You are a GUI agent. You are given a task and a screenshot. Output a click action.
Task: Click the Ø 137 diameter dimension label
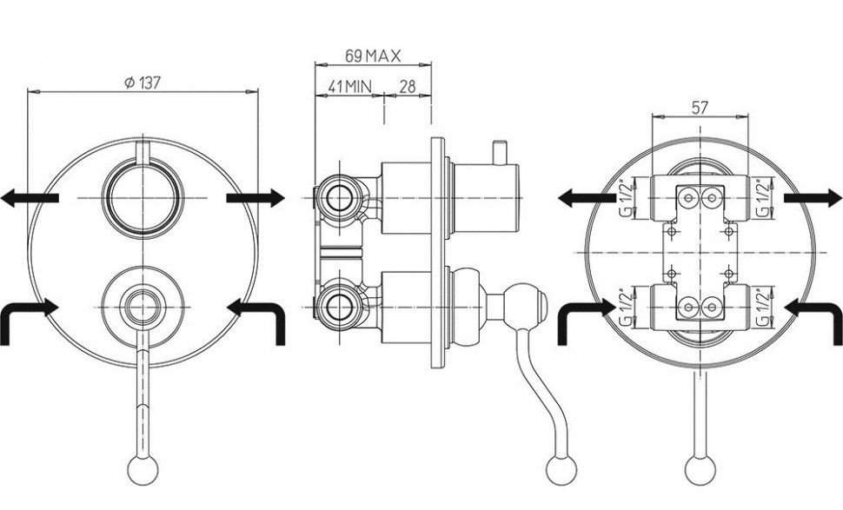[144, 82]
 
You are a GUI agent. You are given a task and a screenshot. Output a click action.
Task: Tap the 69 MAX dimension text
[371, 56]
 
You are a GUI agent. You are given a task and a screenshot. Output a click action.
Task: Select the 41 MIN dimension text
[349, 86]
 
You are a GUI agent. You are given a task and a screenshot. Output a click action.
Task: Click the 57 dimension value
[699, 108]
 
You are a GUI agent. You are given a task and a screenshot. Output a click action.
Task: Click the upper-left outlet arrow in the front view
[30, 199]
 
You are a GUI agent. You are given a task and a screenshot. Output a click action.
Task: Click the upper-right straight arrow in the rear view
[813, 199]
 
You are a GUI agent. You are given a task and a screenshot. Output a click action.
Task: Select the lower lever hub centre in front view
[141, 305]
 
